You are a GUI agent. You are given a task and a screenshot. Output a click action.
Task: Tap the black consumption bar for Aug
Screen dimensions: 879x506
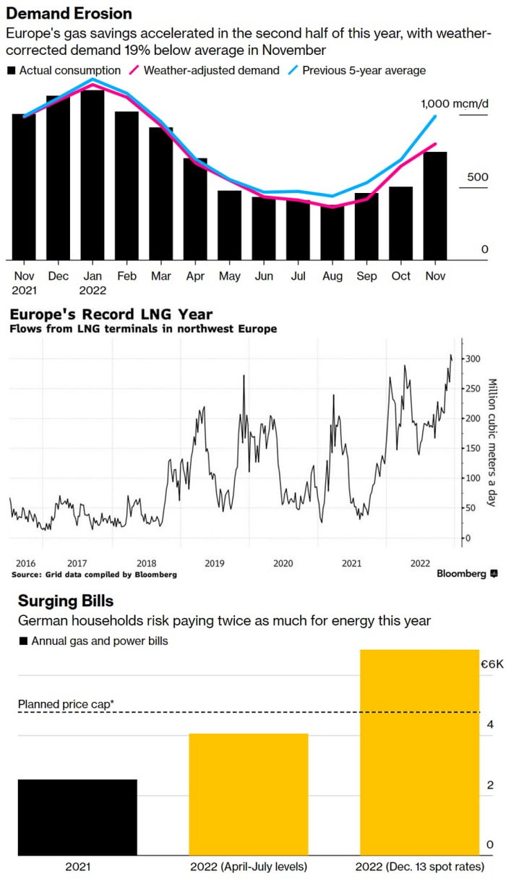coord(332,233)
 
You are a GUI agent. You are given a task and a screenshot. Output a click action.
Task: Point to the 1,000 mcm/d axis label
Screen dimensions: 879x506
coord(455,104)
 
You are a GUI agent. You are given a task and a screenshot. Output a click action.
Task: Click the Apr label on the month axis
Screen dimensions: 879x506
coord(195,276)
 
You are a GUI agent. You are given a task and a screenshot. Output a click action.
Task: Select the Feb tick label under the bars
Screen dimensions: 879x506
coord(126,276)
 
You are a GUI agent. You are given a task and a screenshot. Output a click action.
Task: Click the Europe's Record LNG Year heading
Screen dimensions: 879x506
coord(111,314)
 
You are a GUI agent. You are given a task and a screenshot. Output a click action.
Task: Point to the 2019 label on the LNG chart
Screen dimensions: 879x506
coord(214,563)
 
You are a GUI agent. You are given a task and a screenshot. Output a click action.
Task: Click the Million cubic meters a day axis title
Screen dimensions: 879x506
coord(492,442)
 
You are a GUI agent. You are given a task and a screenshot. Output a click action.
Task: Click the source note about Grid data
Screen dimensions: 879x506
coord(94,575)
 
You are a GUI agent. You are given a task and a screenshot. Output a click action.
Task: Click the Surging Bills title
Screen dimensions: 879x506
coord(66,601)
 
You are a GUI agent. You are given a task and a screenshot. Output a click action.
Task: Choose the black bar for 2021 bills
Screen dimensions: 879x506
coord(77,817)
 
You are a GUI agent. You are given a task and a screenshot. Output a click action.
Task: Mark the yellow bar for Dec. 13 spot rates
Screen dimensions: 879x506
coord(419,752)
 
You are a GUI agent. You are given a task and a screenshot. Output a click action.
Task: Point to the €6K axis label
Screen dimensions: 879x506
coord(492,664)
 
